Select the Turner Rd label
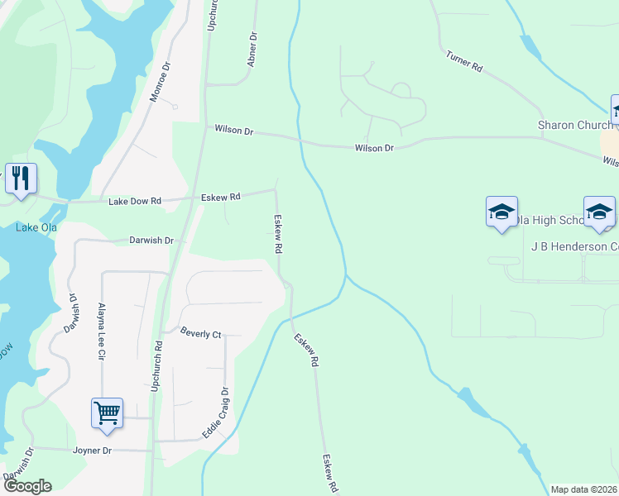point(463,61)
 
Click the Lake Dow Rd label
point(134,201)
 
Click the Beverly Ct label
point(201,333)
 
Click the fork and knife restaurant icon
point(19,178)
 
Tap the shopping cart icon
point(108,413)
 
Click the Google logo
point(27,486)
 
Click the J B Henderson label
point(574,246)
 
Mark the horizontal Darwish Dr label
point(151,241)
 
